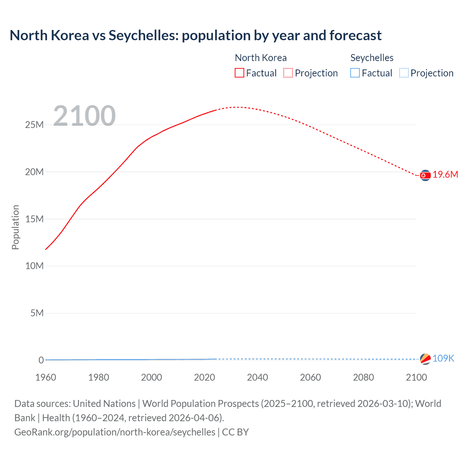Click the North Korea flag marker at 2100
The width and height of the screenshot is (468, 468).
click(x=425, y=175)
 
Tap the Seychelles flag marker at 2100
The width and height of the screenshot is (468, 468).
click(x=425, y=359)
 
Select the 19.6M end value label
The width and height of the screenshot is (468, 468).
click(x=445, y=175)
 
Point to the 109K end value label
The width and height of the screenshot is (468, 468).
click(x=443, y=359)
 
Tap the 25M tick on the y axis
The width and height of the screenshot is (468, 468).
click(x=34, y=125)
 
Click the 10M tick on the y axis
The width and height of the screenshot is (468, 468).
click(x=34, y=266)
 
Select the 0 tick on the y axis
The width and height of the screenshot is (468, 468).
click(x=41, y=360)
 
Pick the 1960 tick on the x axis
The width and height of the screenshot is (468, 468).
click(x=46, y=377)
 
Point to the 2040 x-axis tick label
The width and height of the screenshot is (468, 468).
click(x=257, y=377)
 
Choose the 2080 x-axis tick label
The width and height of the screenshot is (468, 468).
click(x=363, y=377)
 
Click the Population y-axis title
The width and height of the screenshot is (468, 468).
click(x=15, y=227)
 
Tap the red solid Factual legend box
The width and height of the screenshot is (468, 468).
click(x=239, y=73)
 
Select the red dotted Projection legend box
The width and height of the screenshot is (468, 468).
click(x=288, y=73)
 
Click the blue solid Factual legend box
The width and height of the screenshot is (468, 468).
click(x=355, y=73)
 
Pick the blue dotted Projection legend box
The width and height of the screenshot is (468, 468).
click(x=404, y=73)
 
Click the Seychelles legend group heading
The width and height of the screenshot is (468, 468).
click(x=372, y=58)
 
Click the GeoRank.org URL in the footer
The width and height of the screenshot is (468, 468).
click(x=115, y=432)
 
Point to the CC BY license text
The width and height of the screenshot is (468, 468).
click(x=235, y=432)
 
